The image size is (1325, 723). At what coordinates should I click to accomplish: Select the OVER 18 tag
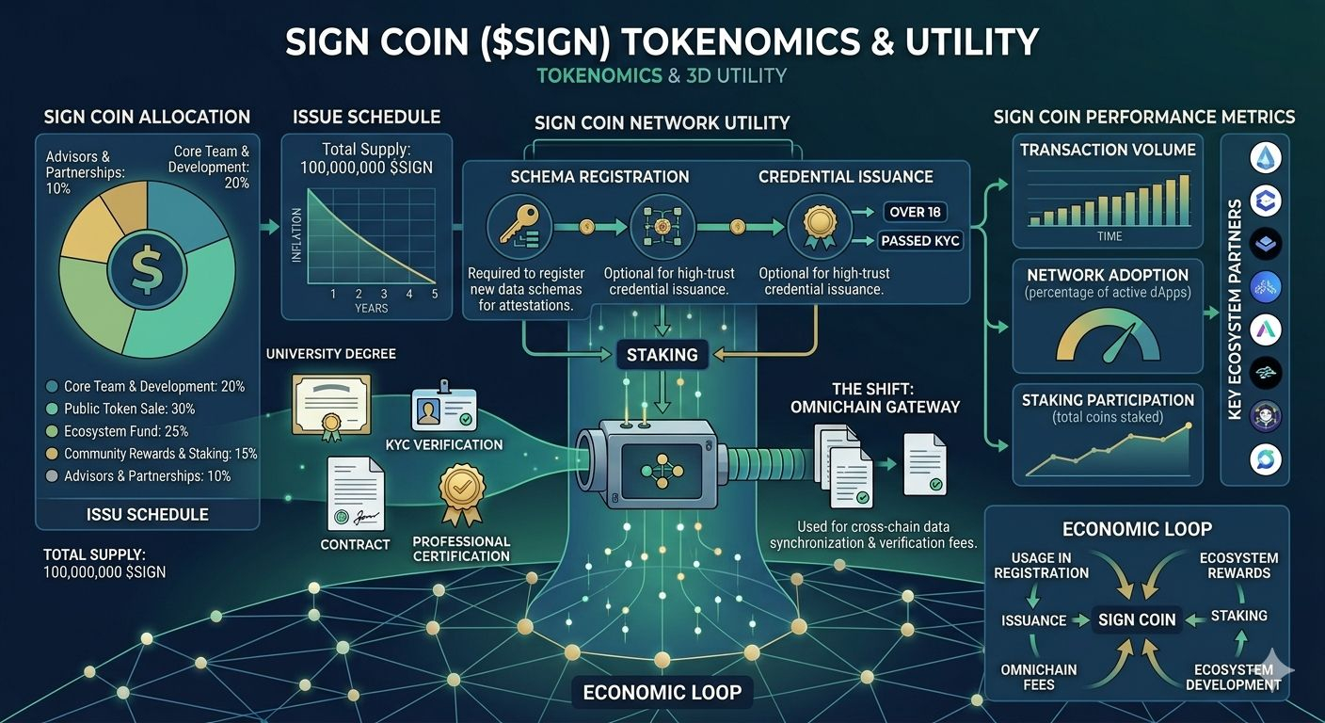pos(915,212)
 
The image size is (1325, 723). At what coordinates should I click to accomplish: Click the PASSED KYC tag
pos(920,241)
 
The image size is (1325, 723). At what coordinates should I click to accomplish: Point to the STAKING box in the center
pos(662,355)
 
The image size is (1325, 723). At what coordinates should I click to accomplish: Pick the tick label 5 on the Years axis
pos(435,295)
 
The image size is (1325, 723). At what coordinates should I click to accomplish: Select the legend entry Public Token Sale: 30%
pos(129,409)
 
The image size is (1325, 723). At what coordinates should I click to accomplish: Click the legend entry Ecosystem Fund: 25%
pos(126,431)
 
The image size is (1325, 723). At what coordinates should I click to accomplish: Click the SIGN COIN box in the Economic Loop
pos(1137,619)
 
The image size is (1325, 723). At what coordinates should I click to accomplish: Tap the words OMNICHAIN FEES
pos(1039,677)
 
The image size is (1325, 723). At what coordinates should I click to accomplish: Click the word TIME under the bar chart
pos(1109,236)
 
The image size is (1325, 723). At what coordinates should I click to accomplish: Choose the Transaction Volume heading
pos(1108,150)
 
